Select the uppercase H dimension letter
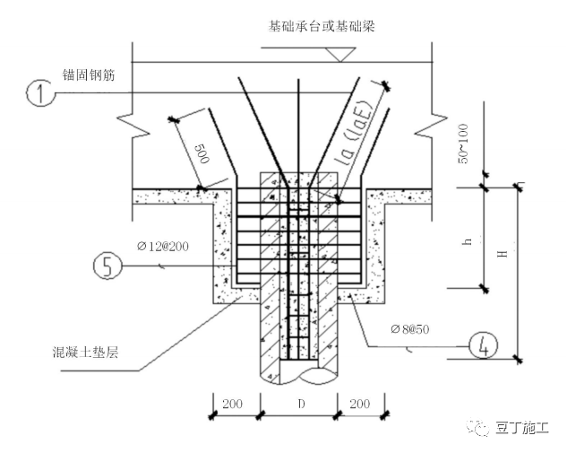pos(503,255)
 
